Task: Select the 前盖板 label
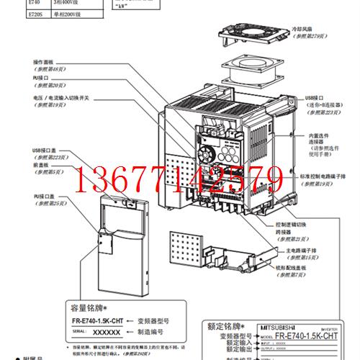click(x=41, y=165)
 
